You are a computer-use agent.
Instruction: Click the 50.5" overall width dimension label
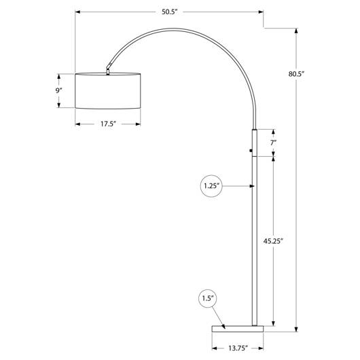pos(170,12)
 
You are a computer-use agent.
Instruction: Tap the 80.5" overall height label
pos(296,74)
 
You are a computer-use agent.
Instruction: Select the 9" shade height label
pos(59,91)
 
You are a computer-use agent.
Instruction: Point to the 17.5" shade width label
pos(108,124)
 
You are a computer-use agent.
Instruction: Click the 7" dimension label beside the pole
pos(273,143)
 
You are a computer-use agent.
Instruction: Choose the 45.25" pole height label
pos(273,241)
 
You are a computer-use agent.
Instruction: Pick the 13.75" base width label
pos(238,348)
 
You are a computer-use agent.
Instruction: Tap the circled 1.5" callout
pos(208,298)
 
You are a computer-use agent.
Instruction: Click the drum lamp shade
pos(108,91)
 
